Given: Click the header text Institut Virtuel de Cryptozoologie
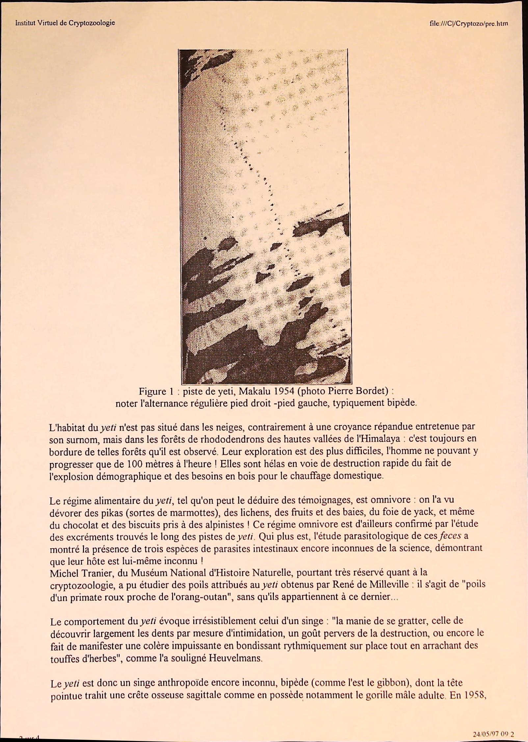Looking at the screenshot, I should (x=65, y=23).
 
